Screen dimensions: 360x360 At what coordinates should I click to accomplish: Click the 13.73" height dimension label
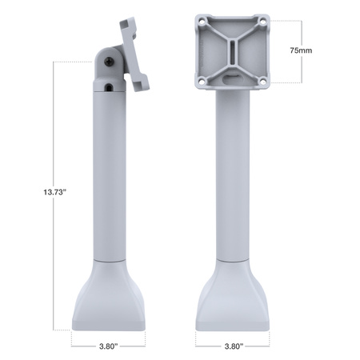coord(33,193)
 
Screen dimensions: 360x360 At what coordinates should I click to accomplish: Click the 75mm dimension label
coord(302,49)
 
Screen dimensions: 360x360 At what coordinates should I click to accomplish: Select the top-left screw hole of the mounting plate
coord(202,22)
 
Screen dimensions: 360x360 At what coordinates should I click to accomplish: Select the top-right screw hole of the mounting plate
coord(260,22)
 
